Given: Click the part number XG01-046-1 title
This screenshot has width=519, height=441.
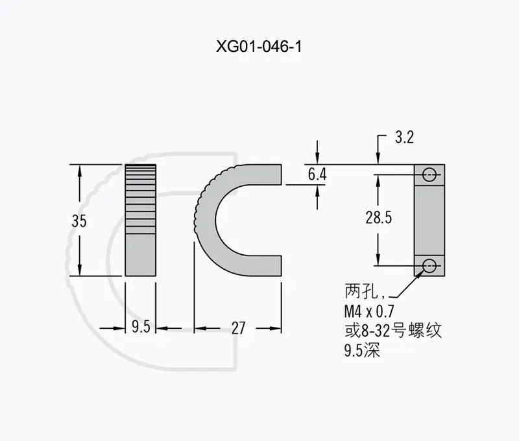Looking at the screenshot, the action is coord(259,46).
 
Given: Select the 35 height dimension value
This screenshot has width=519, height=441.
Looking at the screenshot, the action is coord(79,220).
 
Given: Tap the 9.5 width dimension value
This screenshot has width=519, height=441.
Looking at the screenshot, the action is coord(141,327).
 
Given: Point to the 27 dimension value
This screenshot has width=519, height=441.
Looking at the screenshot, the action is coord(238,328).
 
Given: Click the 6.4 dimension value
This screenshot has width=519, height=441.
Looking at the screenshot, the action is coord(317,174).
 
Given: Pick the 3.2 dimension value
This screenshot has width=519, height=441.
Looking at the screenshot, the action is coord(404,137).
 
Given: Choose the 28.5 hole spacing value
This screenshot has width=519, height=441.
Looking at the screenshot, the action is coord(379,217).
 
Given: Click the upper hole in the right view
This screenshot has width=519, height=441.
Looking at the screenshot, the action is coord(429,174).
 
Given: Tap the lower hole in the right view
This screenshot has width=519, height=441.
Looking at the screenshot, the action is coord(429,265).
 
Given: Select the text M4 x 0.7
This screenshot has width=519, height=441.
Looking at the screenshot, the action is coord(369,311).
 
